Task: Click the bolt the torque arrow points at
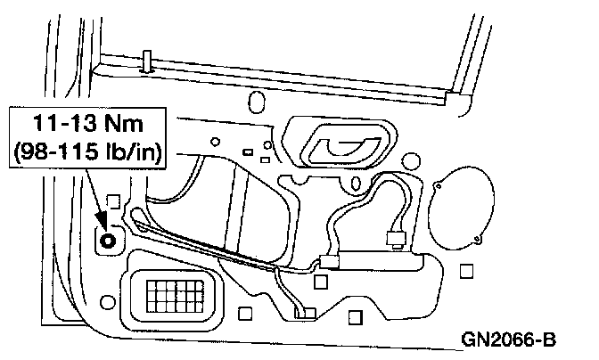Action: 108,239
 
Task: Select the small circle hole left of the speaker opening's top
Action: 411,163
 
